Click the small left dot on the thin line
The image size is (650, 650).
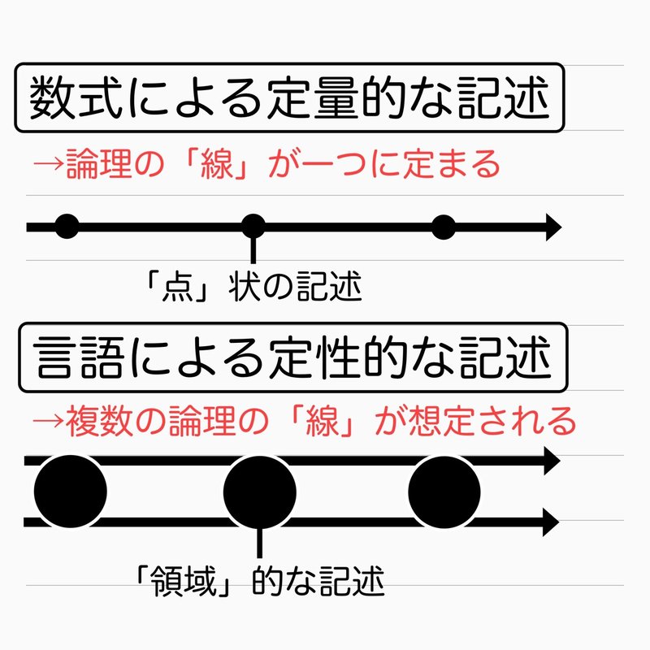tap(67, 227)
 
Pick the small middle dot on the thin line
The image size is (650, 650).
tap(254, 227)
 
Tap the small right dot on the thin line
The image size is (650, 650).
tap(443, 227)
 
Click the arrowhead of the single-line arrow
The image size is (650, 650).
tap(552, 227)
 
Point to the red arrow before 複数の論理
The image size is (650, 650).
tap(47, 422)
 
